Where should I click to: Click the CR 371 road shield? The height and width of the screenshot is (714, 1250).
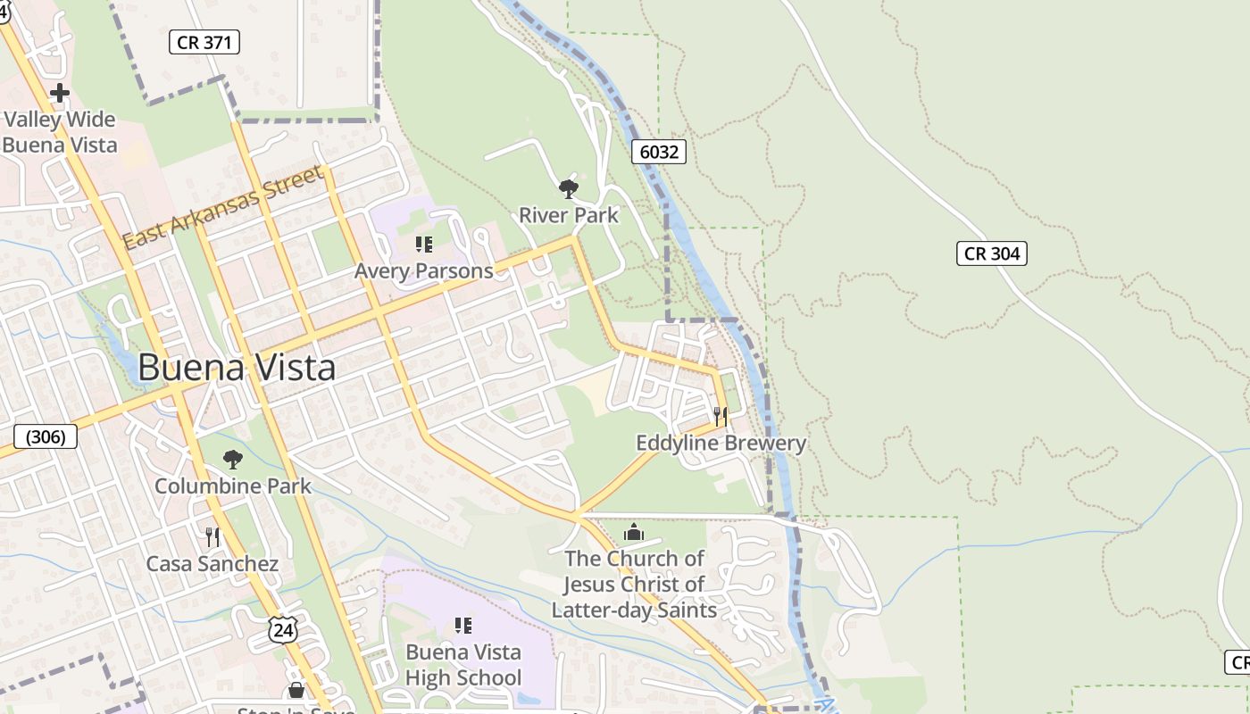pyautogui.click(x=204, y=41)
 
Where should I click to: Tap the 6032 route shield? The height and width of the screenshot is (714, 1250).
pyautogui.click(x=659, y=152)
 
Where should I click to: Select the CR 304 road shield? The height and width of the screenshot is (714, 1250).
pyautogui.click(x=992, y=253)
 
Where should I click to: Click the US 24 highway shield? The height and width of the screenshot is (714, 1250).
pyautogui.click(x=281, y=629)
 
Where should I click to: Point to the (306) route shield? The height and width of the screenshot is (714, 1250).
pyautogui.click(x=46, y=436)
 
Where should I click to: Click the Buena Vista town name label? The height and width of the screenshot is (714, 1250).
pyautogui.click(x=237, y=368)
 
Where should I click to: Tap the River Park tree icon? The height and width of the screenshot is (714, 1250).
pyautogui.click(x=568, y=189)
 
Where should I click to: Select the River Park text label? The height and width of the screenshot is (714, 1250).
pyautogui.click(x=569, y=215)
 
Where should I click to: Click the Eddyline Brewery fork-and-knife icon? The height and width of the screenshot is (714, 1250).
pyautogui.click(x=721, y=416)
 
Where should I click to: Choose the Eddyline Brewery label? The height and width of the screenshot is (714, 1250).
pyautogui.click(x=721, y=443)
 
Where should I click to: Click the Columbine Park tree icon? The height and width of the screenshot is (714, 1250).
pyautogui.click(x=233, y=460)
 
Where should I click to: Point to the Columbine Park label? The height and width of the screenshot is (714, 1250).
pyautogui.click(x=233, y=486)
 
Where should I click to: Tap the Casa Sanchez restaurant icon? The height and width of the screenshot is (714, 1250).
pyautogui.click(x=212, y=536)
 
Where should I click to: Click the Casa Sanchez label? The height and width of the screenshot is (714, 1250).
pyautogui.click(x=212, y=564)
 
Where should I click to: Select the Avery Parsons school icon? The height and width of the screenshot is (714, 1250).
pyautogui.click(x=424, y=245)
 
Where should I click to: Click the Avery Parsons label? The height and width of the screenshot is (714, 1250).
pyautogui.click(x=424, y=270)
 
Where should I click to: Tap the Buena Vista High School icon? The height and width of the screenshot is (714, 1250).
pyautogui.click(x=462, y=626)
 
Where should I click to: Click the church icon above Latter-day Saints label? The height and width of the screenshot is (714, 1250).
pyautogui.click(x=634, y=533)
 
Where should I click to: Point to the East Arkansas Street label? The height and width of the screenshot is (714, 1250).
pyautogui.click(x=222, y=208)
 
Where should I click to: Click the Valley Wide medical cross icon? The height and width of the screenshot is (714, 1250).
pyautogui.click(x=60, y=93)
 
